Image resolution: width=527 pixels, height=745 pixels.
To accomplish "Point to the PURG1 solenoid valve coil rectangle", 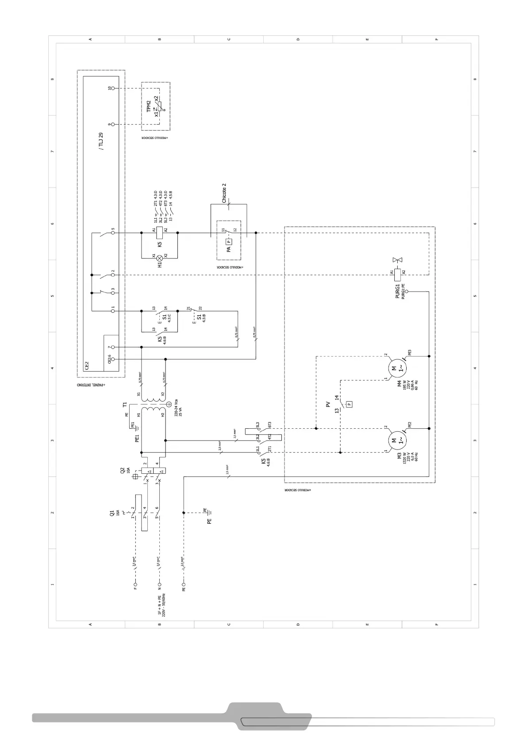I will [x=397, y=275].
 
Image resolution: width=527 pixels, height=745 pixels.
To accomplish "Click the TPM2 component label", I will [x=149, y=106].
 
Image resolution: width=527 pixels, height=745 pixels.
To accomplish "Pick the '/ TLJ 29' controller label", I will [x=101, y=141].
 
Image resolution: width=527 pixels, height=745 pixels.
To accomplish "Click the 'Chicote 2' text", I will [x=224, y=193].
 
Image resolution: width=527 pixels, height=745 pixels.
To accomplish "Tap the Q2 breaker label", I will [x=123, y=471].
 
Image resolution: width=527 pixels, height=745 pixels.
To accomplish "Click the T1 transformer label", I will [x=125, y=404].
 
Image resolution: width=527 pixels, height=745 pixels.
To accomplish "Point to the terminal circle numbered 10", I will [x=113, y=88].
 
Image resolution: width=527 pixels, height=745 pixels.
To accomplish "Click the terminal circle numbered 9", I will [x=113, y=125].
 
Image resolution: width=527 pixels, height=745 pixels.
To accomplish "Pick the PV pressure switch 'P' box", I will [x=350, y=404].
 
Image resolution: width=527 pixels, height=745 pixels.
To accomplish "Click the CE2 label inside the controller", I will [x=87, y=365].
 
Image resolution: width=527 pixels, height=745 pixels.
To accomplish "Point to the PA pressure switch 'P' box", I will [x=229, y=242].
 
